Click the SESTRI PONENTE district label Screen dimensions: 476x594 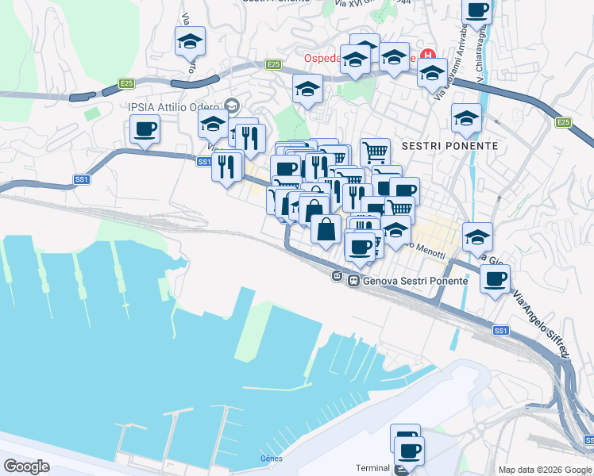[450, 146]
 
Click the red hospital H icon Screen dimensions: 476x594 [430, 56]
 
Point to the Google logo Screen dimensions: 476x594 [26, 466]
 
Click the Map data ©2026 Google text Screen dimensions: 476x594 [545, 470]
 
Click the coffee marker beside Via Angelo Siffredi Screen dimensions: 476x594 [496, 278]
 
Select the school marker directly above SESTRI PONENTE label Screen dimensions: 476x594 [466, 118]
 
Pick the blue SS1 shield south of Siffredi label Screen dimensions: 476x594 [500, 330]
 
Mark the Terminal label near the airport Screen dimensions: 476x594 [372, 468]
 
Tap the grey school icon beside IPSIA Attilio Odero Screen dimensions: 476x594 [232, 105]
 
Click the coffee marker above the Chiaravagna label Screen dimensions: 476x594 [476, 10]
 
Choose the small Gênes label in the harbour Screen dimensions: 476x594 [271, 459]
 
